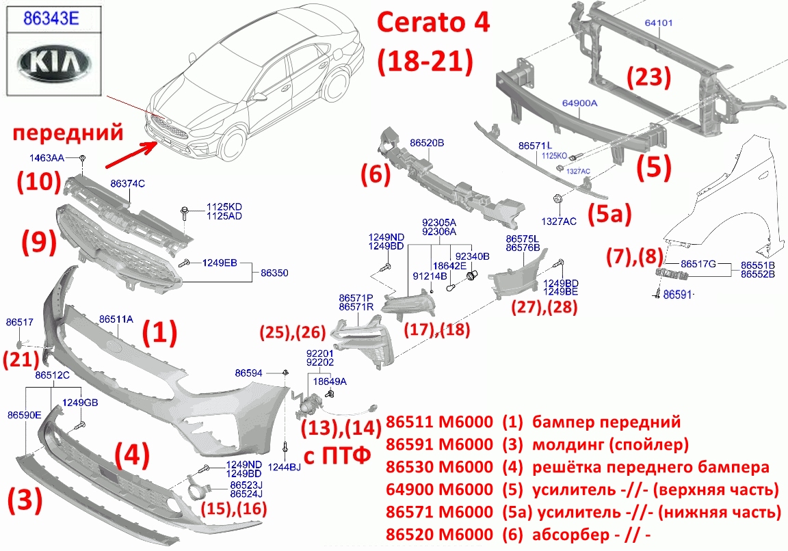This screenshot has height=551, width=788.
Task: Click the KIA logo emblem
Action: tap(54, 63)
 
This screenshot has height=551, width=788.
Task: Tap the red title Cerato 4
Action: tap(433, 23)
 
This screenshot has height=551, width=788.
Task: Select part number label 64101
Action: tap(658, 23)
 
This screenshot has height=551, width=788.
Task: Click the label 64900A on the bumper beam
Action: tap(579, 103)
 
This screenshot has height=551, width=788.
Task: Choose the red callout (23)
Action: tap(648, 77)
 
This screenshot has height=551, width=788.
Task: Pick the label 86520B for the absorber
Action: tap(427, 143)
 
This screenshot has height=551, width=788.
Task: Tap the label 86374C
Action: tap(127, 184)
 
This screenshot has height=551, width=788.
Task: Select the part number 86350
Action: tap(274, 273)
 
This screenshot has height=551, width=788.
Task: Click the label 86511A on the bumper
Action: tap(116, 319)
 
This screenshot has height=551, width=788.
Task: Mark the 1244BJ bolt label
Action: tap(285, 468)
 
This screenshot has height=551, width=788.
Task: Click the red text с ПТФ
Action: tap(338, 455)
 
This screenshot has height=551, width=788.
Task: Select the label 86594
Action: tap(249, 373)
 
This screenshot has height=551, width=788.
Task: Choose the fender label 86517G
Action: tap(698, 264)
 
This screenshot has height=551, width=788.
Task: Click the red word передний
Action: tap(68, 133)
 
